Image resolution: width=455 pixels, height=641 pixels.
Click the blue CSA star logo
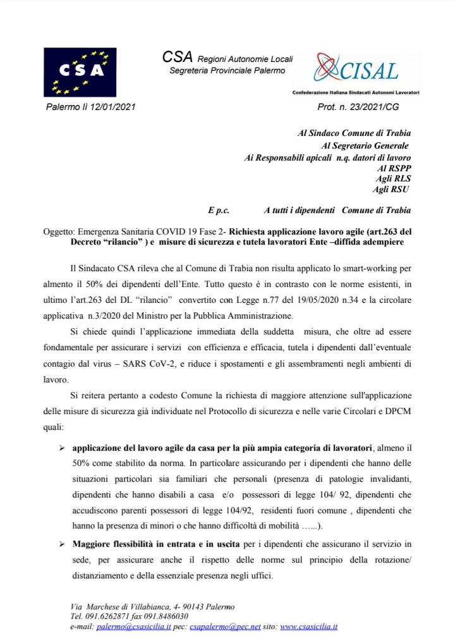click(x=80, y=71)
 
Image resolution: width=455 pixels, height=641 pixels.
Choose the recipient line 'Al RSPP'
click(x=394, y=169)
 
